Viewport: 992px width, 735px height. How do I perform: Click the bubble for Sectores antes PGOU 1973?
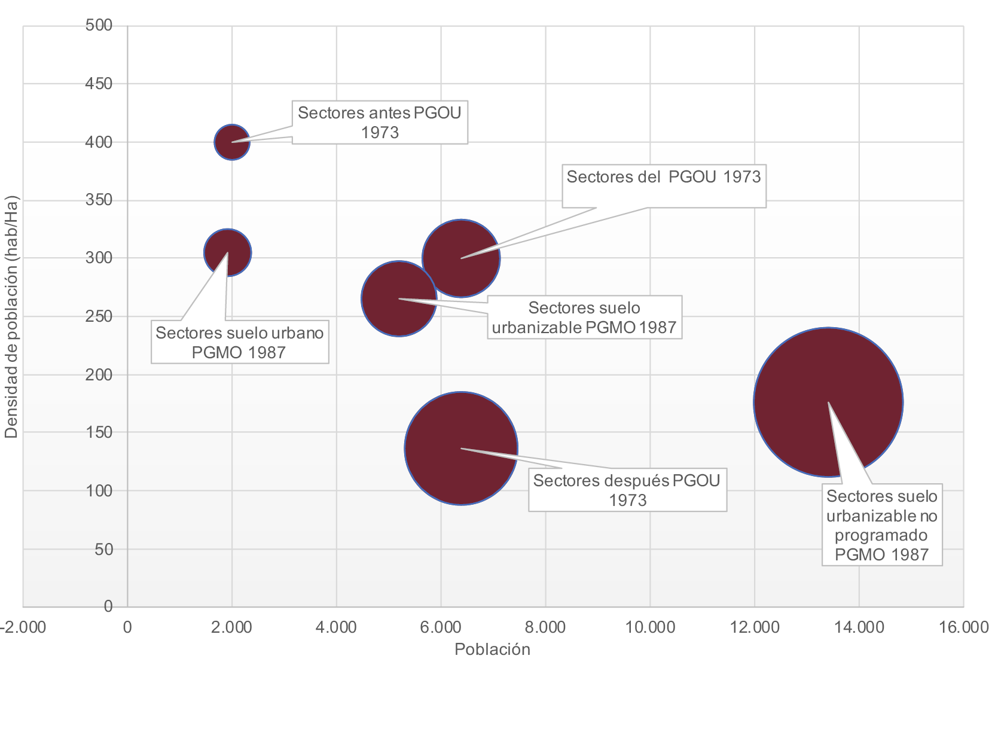click(231, 142)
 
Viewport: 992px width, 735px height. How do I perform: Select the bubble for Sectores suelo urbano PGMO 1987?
click(227, 252)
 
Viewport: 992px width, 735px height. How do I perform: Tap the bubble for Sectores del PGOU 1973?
click(461, 258)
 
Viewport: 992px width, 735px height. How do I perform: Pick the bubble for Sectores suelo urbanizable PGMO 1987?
click(399, 298)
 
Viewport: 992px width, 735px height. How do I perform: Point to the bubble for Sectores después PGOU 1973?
click(461, 449)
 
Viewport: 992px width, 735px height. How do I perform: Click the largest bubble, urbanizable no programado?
click(828, 402)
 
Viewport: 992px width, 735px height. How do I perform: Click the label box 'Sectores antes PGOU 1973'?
click(380, 122)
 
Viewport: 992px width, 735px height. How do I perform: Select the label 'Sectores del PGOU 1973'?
click(664, 177)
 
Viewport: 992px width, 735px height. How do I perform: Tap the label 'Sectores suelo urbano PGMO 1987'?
click(239, 342)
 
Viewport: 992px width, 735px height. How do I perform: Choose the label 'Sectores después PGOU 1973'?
click(627, 490)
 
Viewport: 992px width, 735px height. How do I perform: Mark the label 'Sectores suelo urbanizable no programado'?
click(882, 525)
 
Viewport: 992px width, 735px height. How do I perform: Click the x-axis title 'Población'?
click(492, 649)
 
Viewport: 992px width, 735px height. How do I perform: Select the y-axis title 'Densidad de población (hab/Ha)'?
click(11, 317)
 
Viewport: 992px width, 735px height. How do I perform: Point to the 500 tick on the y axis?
click(99, 25)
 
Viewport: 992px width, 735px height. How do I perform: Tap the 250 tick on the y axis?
click(99, 316)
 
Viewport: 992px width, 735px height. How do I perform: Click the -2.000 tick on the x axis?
click(23, 627)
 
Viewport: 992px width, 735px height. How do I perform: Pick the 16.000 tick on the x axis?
click(963, 627)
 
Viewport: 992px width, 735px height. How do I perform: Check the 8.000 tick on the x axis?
click(545, 627)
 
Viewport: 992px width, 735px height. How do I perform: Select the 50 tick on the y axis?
click(103, 549)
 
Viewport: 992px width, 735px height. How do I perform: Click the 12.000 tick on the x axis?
click(754, 627)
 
